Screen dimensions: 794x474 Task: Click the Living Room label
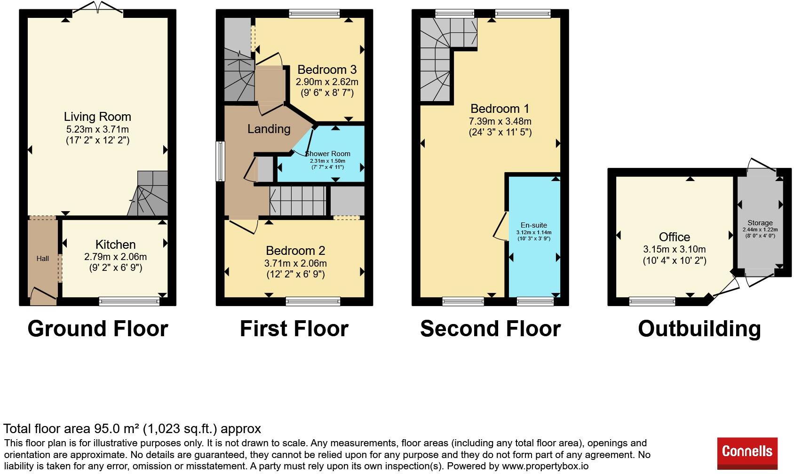click(97, 117)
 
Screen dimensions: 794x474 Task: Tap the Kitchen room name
click(116, 245)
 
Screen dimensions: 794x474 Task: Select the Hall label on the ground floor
click(42, 259)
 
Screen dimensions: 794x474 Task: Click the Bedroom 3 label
click(327, 70)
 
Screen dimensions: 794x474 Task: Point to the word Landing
click(269, 129)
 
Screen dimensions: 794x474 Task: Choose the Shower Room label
click(327, 154)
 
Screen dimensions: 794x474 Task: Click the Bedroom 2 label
click(295, 251)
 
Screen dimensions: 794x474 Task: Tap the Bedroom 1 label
click(500, 109)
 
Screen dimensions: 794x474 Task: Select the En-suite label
click(534, 225)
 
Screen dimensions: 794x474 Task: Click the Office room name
click(675, 237)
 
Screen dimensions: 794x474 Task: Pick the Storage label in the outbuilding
click(760, 223)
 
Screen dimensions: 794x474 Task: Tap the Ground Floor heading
click(98, 329)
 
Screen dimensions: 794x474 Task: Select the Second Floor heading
click(491, 329)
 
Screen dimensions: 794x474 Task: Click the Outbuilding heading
click(699, 329)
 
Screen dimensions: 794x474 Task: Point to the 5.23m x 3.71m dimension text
click(97, 129)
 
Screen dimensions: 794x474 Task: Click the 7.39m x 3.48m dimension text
click(500, 121)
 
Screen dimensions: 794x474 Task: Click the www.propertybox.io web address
click(545, 466)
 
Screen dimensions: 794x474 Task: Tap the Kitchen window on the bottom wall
click(129, 301)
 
